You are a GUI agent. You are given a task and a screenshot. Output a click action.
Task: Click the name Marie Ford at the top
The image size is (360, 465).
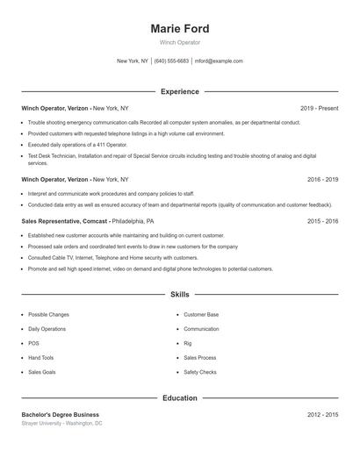tap(180, 28)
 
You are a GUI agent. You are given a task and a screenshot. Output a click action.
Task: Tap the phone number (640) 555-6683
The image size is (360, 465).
tap(171, 61)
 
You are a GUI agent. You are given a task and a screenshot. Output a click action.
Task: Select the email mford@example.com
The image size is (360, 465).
tap(219, 61)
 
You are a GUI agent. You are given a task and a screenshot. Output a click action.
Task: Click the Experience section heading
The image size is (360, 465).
tap(180, 91)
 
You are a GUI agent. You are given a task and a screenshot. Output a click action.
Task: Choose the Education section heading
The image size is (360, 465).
tap(180, 398)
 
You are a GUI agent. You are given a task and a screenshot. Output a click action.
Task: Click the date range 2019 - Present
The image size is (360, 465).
tap(319, 108)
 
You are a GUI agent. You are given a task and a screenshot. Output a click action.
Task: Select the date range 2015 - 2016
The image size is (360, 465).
tap(323, 222)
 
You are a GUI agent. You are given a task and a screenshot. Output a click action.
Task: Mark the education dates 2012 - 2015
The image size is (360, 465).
tap(323, 414)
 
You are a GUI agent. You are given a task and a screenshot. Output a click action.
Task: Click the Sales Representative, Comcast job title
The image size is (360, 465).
tap(64, 222)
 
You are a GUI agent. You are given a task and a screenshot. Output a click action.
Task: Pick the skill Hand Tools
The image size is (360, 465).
tap(41, 358)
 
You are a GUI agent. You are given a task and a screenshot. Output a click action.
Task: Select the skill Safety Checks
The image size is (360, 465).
tap(200, 372)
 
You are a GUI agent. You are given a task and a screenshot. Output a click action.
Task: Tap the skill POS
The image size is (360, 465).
tap(33, 343)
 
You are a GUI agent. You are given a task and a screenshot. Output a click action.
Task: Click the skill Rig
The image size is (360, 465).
tap(188, 343)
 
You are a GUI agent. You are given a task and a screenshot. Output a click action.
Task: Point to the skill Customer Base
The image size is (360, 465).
tap(201, 314)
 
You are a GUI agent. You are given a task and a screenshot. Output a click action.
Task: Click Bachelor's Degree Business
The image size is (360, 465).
tap(61, 414)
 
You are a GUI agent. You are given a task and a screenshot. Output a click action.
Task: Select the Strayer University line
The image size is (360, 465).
tap(62, 423)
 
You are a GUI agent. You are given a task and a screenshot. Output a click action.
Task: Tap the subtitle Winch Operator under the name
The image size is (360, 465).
tap(180, 42)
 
